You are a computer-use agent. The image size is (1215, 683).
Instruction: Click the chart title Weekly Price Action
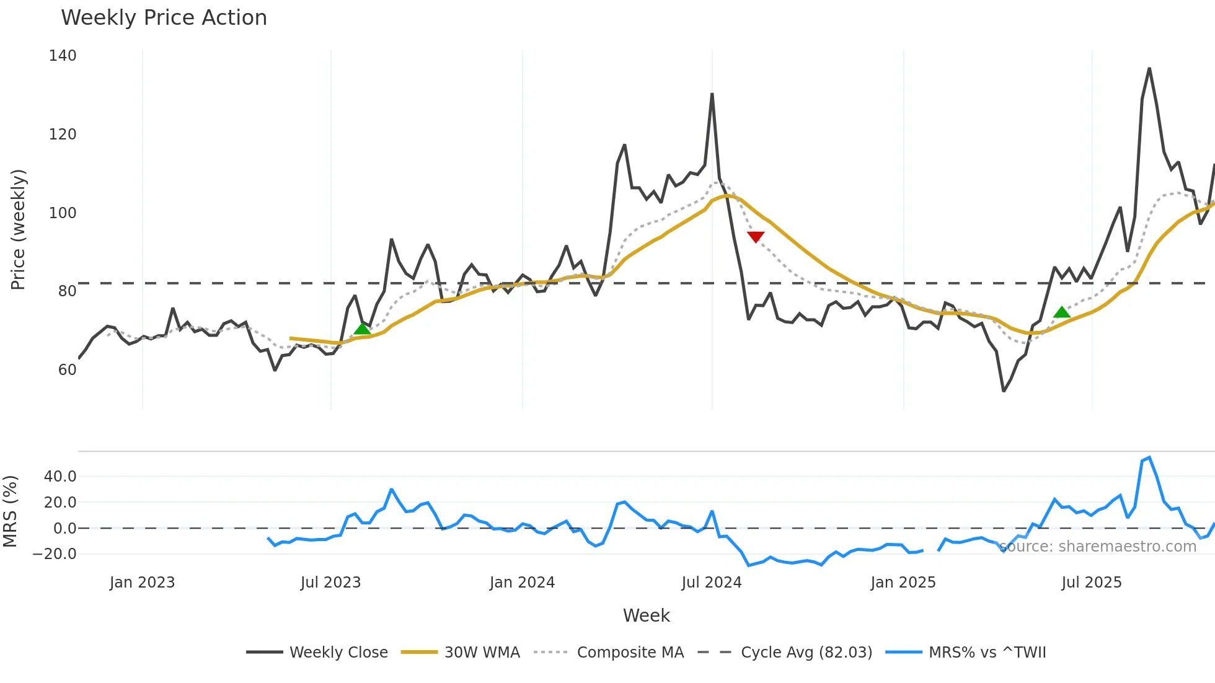pos(164,18)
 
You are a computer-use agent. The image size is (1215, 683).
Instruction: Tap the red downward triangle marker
pos(756,237)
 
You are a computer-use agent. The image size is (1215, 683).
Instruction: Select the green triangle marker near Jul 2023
pos(362,328)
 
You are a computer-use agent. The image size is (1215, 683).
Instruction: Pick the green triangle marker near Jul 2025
pos(1062,312)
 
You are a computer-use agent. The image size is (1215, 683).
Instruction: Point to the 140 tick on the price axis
pos(63,56)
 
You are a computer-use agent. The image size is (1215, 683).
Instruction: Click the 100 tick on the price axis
pos(63,213)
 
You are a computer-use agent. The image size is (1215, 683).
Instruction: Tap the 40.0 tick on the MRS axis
pos(60,477)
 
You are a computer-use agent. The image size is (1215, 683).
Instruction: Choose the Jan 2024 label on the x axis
pos(522,583)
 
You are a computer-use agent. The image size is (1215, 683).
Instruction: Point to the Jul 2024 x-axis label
pos(712,583)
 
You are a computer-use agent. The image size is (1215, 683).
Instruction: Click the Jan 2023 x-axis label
pos(142,583)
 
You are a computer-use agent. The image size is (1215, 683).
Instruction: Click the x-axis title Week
pos(646,615)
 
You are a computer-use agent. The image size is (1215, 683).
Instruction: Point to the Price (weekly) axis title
pos(19,229)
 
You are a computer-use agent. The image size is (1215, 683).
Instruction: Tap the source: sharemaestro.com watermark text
pos(1098,547)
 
